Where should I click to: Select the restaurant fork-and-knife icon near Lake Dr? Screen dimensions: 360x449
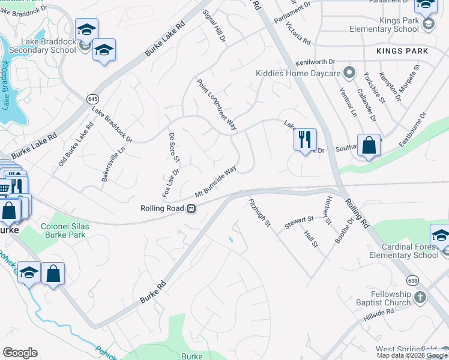(x=305, y=140)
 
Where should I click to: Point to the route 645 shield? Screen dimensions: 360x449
(x=92, y=98)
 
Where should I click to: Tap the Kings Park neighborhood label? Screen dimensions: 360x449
(x=403, y=51)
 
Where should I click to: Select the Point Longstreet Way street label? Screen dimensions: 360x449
(x=217, y=104)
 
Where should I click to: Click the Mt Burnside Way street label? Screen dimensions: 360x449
(x=215, y=182)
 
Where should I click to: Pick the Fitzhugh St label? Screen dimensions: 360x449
(x=260, y=213)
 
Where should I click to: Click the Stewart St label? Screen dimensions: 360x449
(x=300, y=220)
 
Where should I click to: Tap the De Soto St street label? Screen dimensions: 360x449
(x=175, y=147)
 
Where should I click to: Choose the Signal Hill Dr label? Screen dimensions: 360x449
(x=214, y=26)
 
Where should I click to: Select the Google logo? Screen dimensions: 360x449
(x=20, y=353)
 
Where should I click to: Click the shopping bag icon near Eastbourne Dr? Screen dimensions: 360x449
(x=369, y=146)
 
